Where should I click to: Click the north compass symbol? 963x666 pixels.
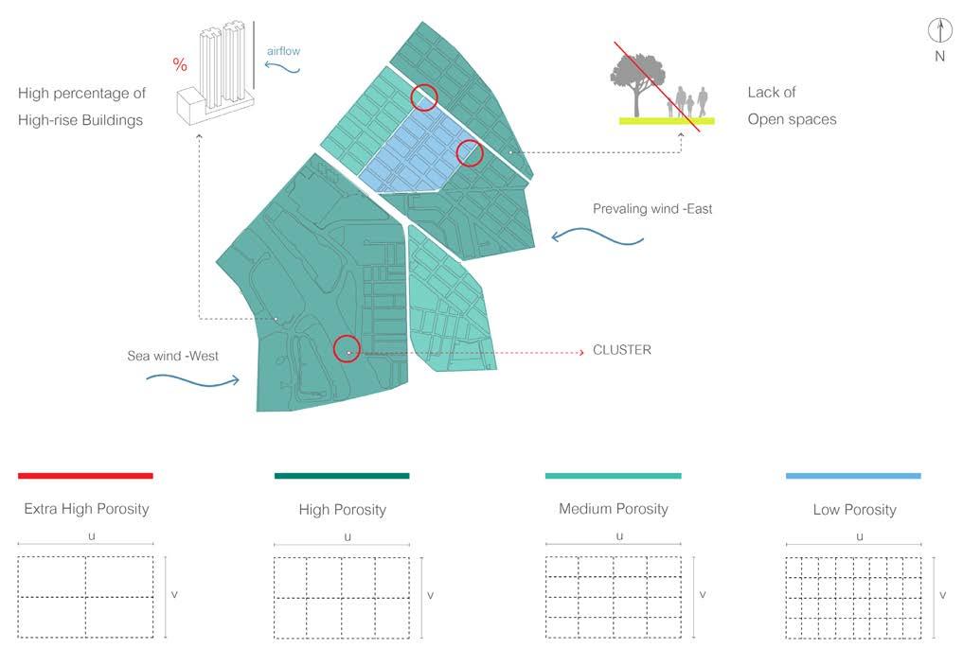939,31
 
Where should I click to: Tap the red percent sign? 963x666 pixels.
180,65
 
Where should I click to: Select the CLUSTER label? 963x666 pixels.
621,350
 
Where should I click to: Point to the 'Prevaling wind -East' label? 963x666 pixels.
652,209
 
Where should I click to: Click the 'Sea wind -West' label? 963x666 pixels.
173,357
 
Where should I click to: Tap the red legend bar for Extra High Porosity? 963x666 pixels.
85,475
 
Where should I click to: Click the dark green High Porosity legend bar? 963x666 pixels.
342,475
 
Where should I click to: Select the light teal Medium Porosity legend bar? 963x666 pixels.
613,475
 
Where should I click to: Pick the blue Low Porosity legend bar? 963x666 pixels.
853,475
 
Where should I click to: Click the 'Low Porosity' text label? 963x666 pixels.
854,510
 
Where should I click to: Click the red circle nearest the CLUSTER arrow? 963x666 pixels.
347,349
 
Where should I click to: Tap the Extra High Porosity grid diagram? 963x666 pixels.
85,597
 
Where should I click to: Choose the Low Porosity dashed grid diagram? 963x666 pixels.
853,597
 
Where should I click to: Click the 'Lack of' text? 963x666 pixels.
772,93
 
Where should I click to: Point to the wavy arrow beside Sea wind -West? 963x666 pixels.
193,379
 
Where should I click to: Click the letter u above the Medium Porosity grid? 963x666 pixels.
619,536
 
